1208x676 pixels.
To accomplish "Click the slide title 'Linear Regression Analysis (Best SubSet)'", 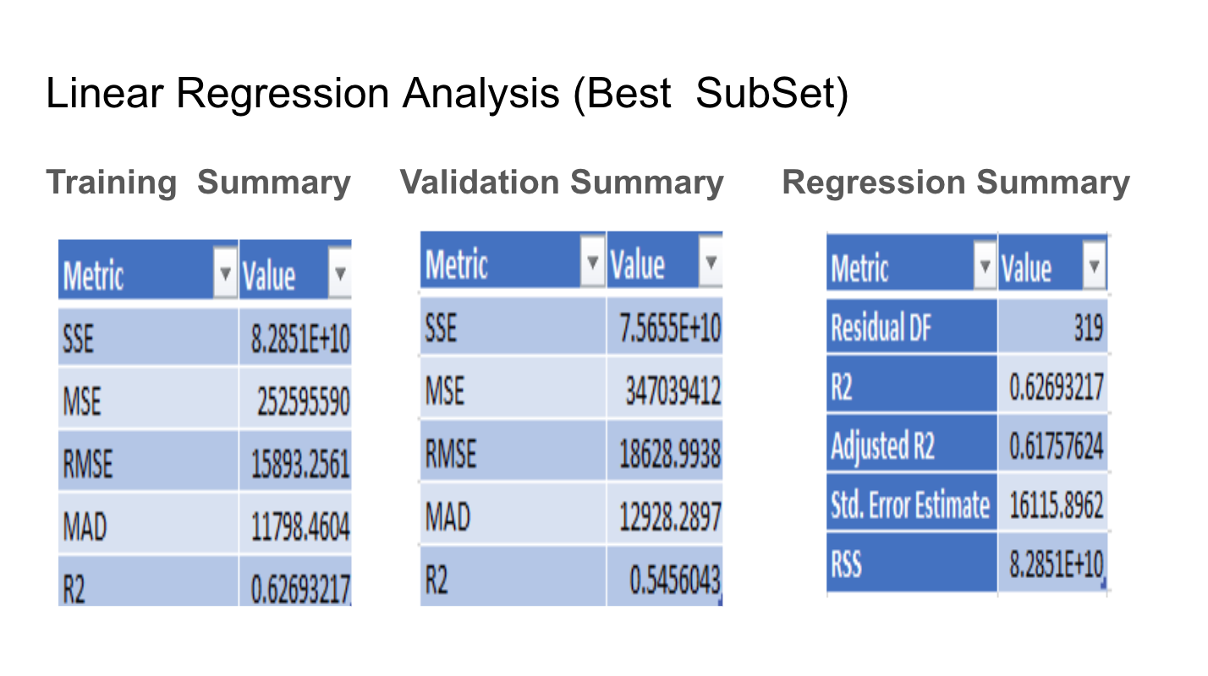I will [447, 93].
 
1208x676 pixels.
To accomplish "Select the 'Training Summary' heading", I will [198, 183].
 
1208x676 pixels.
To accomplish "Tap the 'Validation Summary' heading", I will [562, 183].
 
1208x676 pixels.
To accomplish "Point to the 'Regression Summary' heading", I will [956, 183].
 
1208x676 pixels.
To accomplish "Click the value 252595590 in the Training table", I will [303, 402].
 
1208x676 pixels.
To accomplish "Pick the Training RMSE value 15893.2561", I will [300, 463].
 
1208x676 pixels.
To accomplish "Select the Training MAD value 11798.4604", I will [300, 527].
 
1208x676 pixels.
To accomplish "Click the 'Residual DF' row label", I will [881, 327].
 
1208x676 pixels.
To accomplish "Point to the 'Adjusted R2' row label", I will [882, 445].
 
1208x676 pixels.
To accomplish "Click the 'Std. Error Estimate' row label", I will [909, 505].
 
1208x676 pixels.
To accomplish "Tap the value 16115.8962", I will [1057, 505].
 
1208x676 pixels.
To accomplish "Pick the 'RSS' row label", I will [846, 564].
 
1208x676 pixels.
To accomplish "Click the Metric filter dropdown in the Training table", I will [225, 275].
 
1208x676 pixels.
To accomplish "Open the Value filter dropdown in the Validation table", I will [711, 263].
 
